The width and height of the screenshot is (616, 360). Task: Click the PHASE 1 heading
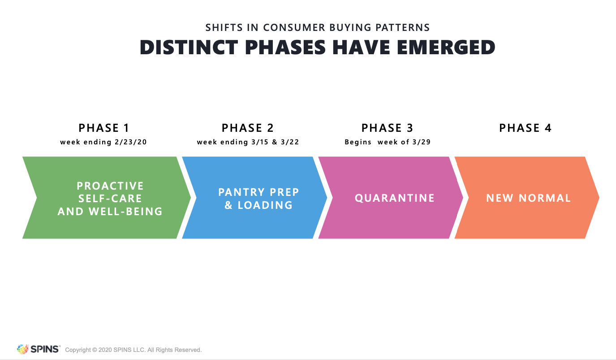104,128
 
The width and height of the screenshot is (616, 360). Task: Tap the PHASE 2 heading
248,128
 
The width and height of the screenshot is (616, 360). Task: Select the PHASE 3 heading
387,128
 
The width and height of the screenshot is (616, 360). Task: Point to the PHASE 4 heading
525,128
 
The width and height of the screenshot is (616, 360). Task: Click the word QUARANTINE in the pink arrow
395,198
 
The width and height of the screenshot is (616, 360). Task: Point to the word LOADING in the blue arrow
265,205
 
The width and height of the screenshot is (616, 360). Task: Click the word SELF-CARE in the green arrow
110,198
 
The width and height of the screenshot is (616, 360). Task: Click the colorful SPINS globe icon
22,349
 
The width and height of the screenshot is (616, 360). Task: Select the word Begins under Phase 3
358,142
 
